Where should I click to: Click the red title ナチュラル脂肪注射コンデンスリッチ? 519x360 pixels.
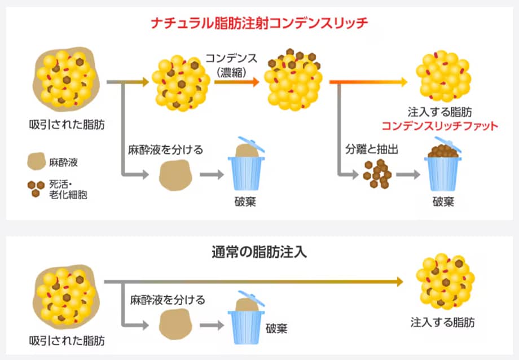(259, 23)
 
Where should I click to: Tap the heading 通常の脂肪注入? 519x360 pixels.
(259, 252)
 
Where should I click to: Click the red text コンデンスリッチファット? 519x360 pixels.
(439, 125)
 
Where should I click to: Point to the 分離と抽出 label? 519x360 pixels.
(372, 151)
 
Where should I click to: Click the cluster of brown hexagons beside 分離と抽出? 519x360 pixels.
(377, 174)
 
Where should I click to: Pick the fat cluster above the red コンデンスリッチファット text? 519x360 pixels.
(443, 74)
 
